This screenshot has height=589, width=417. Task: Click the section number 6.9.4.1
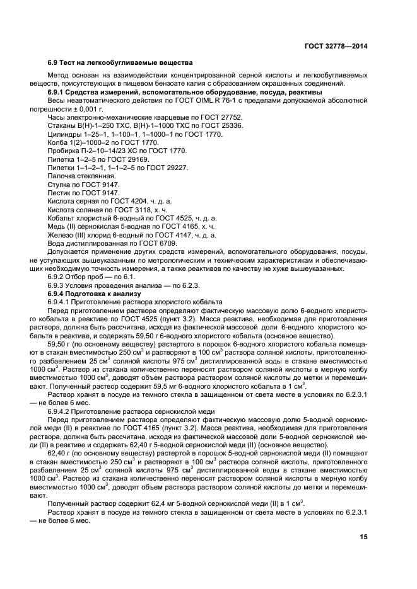click(62, 302)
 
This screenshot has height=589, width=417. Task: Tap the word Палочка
click(62, 176)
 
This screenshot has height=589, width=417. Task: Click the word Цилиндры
click(65, 134)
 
